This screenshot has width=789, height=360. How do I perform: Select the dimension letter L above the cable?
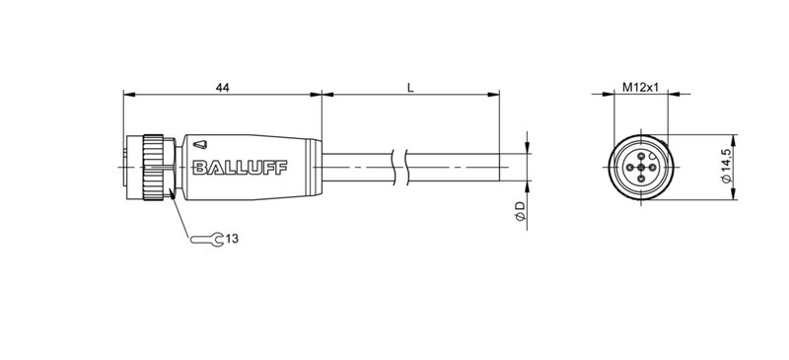tap(409, 88)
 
